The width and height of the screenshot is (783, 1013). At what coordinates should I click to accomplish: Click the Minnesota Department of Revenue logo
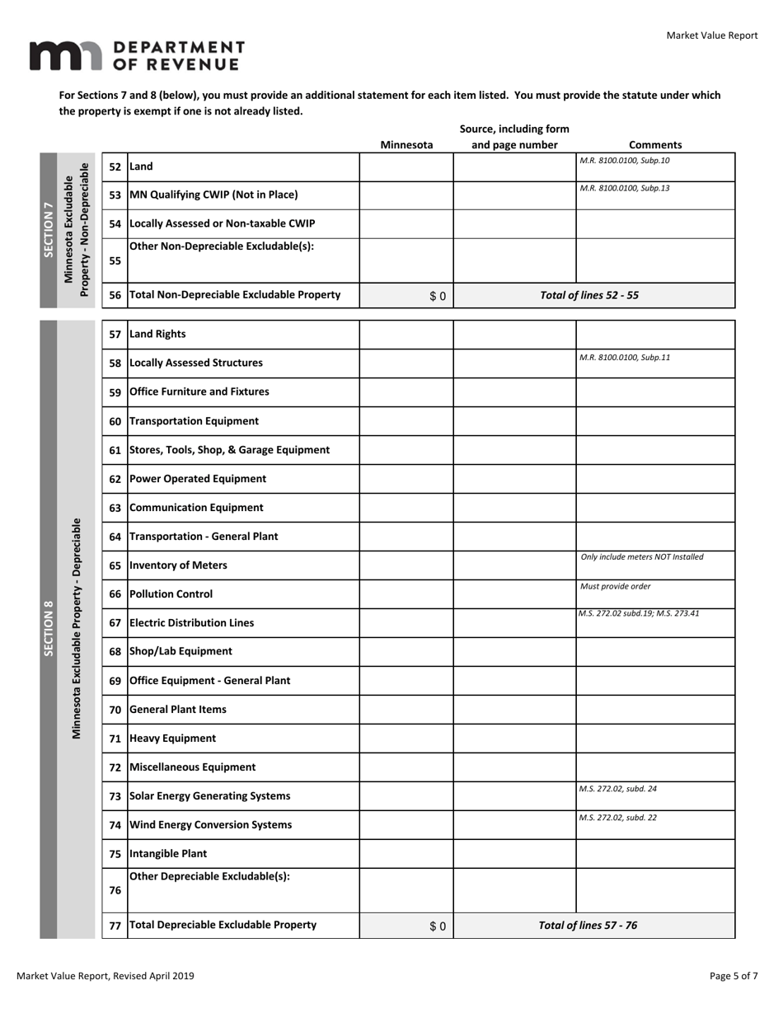tap(137, 55)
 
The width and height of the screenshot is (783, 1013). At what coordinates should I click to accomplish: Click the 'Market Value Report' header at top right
tap(711, 35)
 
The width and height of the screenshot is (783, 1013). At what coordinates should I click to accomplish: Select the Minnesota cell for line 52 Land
tap(406, 166)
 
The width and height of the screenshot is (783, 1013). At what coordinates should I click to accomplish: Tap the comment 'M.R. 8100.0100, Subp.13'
tap(625, 188)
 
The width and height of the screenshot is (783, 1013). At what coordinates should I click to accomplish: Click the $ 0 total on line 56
tap(438, 296)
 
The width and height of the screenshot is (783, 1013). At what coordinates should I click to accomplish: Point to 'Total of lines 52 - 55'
tap(588, 295)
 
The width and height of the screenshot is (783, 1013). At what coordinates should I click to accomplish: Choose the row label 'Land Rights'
tap(157, 334)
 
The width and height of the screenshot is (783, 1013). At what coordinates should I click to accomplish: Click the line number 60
tap(115, 421)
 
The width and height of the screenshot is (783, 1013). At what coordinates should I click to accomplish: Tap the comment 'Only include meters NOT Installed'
tap(642, 557)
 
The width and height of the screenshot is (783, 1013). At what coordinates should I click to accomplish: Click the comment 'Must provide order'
tap(615, 586)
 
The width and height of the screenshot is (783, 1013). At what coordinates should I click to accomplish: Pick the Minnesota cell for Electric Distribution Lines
tap(406, 623)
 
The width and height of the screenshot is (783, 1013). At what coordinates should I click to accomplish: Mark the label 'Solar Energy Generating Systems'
tap(210, 796)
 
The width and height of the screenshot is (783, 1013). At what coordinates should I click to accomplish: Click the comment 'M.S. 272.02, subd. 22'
tap(618, 818)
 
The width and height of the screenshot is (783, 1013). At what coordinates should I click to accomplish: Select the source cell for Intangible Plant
tap(514, 854)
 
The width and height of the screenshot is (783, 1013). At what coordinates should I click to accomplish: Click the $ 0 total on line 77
tap(438, 926)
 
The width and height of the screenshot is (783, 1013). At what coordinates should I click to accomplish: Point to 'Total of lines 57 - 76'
tap(588, 926)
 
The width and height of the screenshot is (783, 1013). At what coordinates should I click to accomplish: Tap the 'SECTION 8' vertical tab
tap(49, 629)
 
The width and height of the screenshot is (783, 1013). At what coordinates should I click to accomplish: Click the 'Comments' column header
tap(655, 145)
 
